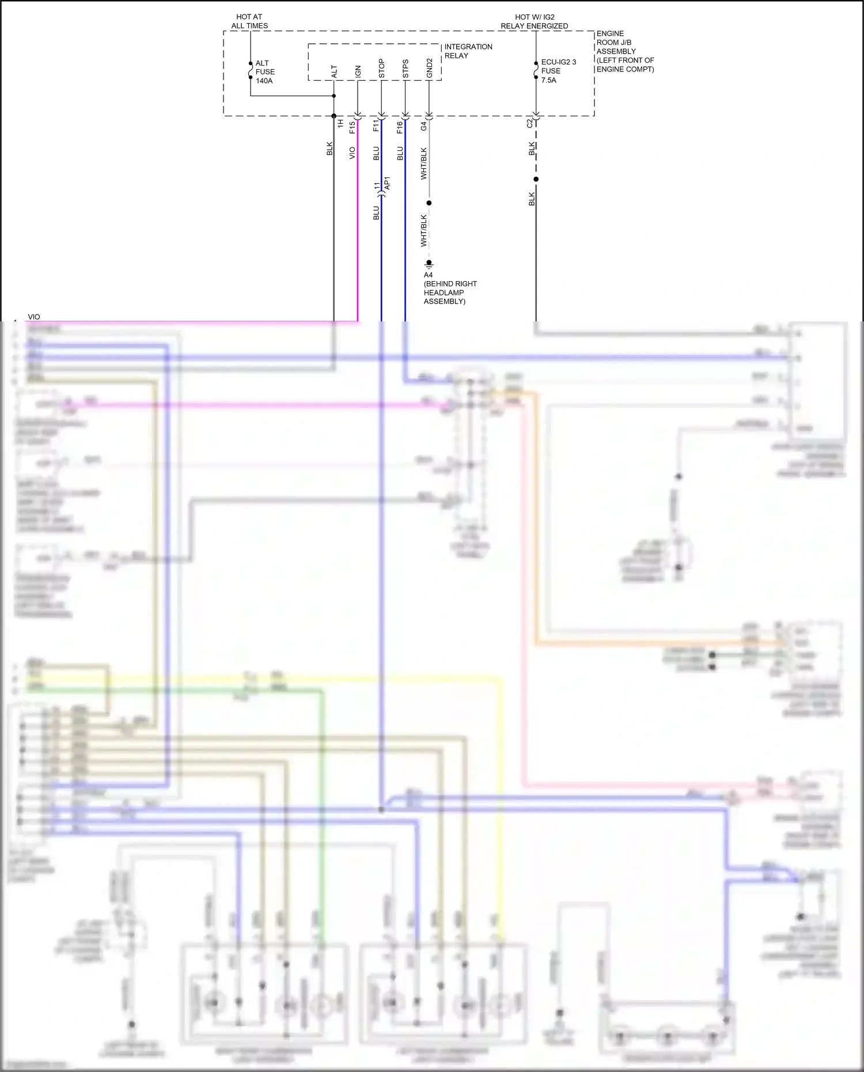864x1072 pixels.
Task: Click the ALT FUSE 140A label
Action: pos(265,72)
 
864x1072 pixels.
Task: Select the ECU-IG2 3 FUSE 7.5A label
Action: pos(558,71)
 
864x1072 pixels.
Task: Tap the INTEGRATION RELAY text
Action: pos(468,51)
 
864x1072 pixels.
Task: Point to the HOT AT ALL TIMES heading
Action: pos(249,21)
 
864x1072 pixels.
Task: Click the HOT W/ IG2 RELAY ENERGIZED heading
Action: pos(534,21)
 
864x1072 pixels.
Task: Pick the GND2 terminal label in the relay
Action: pos(429,68)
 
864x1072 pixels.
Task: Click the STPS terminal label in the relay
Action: pos(406,69)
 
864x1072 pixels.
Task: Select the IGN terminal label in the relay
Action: pos(358,71)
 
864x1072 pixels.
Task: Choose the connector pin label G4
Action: pos(423,126)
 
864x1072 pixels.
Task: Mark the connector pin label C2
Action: pos(530,123)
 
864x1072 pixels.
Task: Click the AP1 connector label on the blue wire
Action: pos(387,183)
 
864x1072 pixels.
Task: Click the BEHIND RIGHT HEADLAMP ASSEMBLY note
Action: pos(450,292)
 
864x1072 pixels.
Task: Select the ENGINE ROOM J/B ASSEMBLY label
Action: pos(624,51)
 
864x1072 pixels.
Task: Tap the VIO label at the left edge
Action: pos(34,317)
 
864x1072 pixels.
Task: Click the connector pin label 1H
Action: pos(340,123)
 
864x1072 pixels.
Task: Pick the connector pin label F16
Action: pos(400,127)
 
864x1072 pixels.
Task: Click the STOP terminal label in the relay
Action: pos(381,68)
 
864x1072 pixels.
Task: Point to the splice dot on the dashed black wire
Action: pos(536,179)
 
